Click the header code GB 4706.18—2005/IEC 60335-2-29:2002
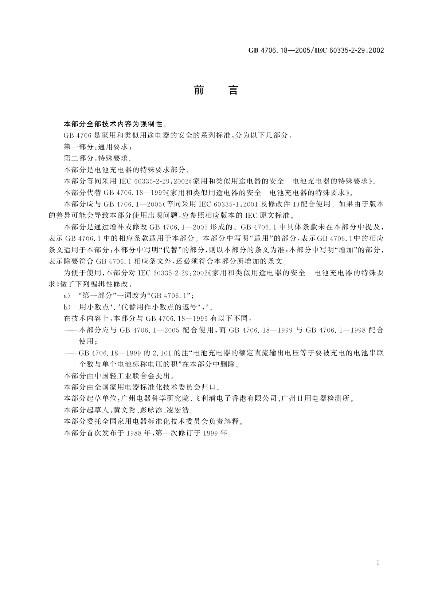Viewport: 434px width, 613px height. tap(316, 51)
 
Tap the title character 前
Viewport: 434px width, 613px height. tap(199, 90)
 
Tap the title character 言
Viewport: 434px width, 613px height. tap(233, 90)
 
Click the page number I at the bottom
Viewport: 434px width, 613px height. tap(378, 563)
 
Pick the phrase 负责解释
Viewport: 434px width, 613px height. tap(227, 422)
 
